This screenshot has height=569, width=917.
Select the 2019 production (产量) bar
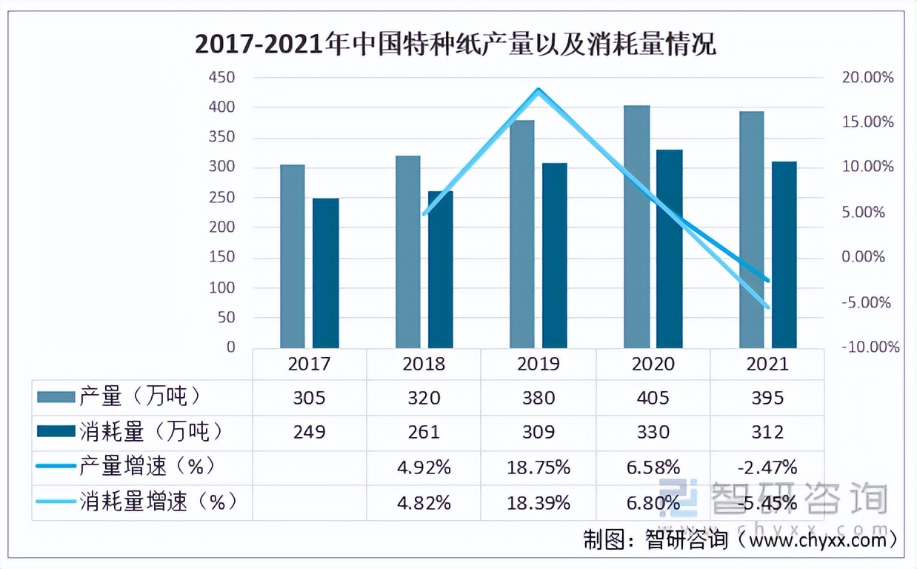(522, 234)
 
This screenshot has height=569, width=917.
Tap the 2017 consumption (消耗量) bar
(325, 273)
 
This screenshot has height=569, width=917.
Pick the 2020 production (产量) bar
(636, 227)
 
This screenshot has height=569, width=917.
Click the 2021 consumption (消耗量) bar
(784, 255)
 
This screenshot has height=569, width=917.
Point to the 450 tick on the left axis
(220, 78)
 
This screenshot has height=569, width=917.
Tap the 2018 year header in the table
(424, 364)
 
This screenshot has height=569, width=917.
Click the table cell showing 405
(653, 398)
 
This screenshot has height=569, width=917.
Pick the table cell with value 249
(309, 432)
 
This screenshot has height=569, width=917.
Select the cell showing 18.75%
(538, 467)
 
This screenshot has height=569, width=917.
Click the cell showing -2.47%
(767, 467)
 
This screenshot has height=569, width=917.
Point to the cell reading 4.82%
(424, 503)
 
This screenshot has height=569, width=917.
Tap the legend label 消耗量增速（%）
(159, 502)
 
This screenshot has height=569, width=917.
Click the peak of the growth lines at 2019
(538, 90)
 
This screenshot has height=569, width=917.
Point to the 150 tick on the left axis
(220, 257)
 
